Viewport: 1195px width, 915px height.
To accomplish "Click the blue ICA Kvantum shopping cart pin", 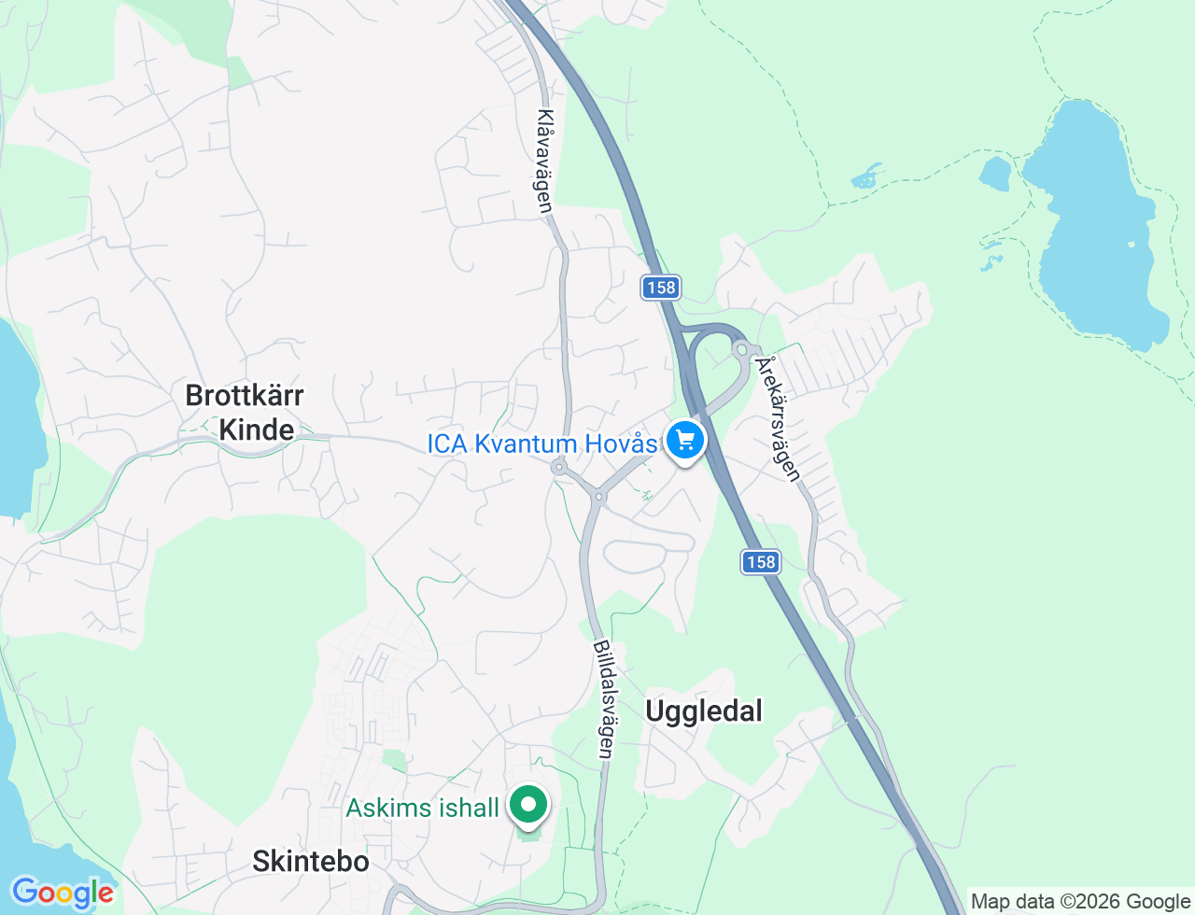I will [x=685, y=440].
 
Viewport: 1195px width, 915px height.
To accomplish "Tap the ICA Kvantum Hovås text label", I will [x=541, y=443].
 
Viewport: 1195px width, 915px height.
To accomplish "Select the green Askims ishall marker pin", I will [x=528, y=805].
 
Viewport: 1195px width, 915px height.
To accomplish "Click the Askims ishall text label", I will [x=422, y=808].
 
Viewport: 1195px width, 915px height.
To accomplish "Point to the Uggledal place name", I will [x=704, y=711].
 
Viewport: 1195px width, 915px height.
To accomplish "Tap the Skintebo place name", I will [x=310, y=861].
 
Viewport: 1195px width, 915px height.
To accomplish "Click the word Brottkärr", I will [x=245, y=396].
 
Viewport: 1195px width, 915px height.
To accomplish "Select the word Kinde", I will [x=256, y=430].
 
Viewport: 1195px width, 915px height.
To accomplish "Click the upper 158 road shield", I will [x=660, y=288].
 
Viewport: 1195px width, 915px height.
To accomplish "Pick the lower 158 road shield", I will [x=761, y=562].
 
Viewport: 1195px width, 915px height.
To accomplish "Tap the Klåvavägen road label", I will [x=545, y=162].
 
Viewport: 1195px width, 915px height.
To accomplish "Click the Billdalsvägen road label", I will [x=604, y=698].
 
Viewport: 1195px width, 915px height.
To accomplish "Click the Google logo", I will [x=63, y=893].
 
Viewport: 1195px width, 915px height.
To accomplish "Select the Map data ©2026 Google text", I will [x=1080, y=902].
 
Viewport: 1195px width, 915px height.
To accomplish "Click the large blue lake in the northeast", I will [x=1092, y=224].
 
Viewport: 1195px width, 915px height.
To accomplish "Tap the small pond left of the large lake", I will [x=995, y=174].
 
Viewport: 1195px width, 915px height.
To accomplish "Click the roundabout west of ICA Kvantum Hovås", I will [x=560, y=467].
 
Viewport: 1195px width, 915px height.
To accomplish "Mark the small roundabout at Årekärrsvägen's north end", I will [x=742, y=349].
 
